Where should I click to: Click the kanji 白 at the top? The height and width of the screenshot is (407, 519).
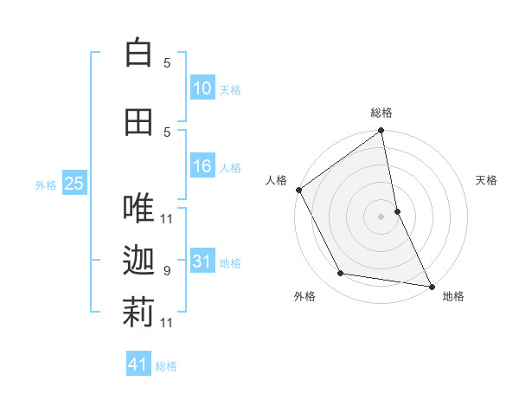point(138,53)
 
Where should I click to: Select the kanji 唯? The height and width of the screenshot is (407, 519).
point(138,208)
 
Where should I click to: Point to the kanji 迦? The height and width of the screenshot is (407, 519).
point(138,261)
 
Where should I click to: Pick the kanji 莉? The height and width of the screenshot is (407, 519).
point(138,313)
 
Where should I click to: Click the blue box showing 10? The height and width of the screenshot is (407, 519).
point(202,88)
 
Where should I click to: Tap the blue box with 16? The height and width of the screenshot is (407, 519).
point(202,166)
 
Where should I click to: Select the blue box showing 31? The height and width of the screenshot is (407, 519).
point(202,262)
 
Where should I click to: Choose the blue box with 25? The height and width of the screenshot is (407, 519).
point(74,184)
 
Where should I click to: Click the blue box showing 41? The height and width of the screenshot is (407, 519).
point(138,365)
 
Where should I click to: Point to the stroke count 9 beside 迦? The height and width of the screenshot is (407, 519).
point(167,271)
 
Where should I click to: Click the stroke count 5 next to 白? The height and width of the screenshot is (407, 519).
point(167,63)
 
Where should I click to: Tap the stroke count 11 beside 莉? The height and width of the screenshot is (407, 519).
point(167,323)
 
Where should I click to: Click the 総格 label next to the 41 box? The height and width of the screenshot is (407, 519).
point(166,366)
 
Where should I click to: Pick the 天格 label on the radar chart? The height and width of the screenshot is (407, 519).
point(486,180)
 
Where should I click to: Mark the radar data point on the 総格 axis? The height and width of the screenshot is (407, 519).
point(381,132)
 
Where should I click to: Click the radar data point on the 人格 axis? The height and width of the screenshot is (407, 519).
point(298,190)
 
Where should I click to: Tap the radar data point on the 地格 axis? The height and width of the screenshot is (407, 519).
point(431,286)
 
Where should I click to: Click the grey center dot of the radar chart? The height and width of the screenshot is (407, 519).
point(381,216)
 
